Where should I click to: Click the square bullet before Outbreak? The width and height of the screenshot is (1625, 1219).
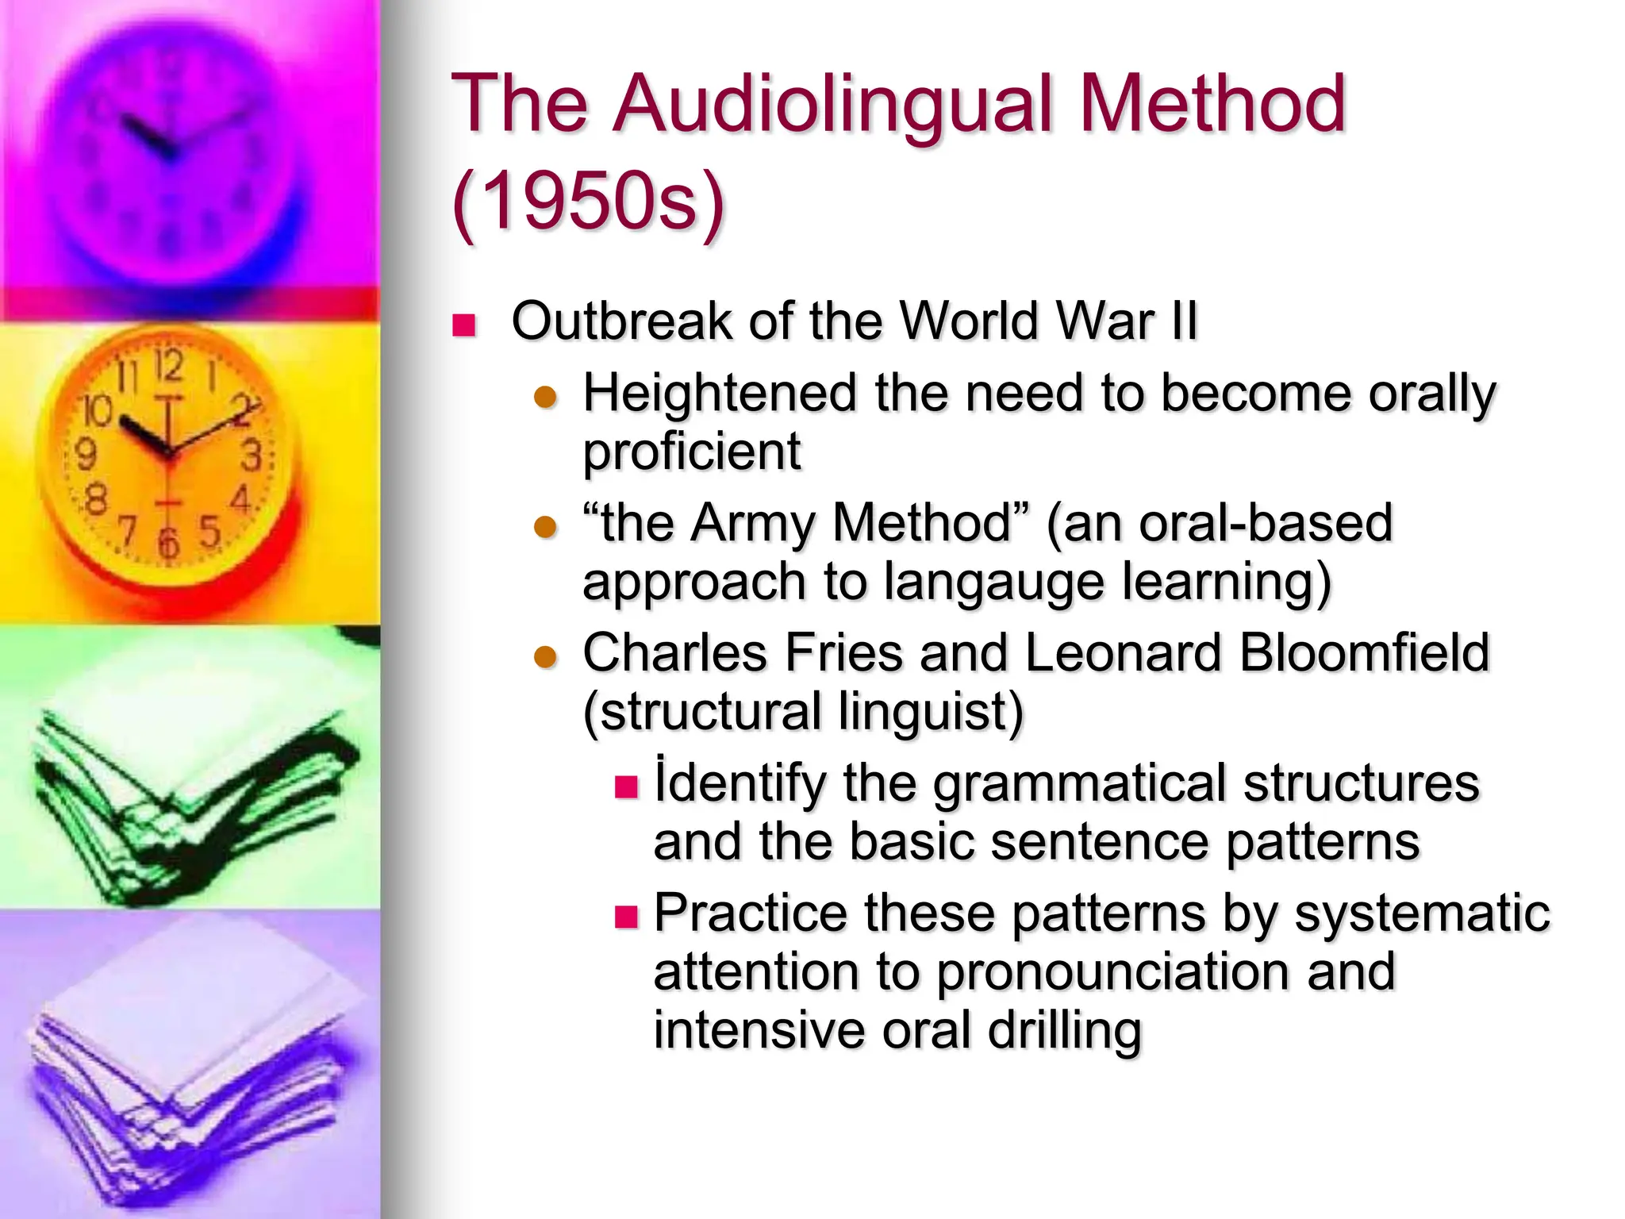point(463,325)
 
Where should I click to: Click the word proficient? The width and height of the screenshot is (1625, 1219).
point(692,452)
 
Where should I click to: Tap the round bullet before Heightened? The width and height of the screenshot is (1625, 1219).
point(546,397)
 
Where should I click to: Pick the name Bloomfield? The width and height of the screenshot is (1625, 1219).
point(1364,653)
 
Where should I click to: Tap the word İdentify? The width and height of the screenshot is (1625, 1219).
point(740,783)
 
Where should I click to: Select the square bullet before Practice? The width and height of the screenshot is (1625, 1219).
point(627,917)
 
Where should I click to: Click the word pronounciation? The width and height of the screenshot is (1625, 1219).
point(1114,973)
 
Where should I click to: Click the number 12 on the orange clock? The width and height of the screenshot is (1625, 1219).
point(168,366)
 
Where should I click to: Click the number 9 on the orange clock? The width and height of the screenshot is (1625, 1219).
point(85,455)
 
